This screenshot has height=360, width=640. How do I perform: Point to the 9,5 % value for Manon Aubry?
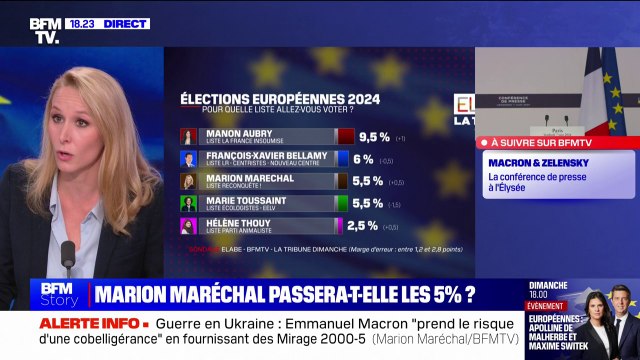coord(373,136)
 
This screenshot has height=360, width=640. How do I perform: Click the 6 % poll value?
coord(363,158)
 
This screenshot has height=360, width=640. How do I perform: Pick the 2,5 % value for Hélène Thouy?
coord(363,226)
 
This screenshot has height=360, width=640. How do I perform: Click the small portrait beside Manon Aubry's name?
coord(188,136)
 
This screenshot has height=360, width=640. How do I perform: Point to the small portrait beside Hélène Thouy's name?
coord(188,226)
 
